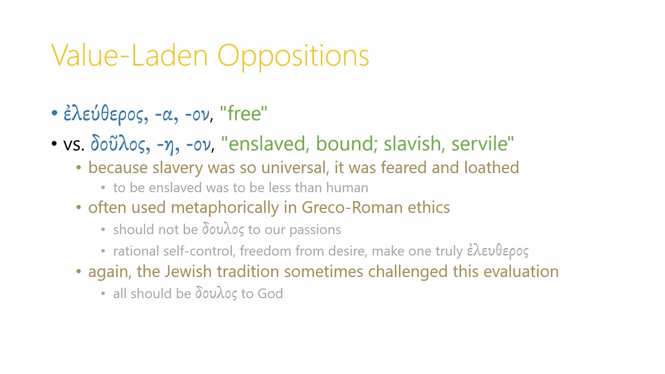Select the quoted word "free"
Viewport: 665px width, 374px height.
(244, 114)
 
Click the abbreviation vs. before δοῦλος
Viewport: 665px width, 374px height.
(74, 144)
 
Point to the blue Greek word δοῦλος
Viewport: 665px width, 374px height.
(118, 144)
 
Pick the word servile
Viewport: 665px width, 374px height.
(483, 144)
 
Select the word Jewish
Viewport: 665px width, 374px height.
(189, 272)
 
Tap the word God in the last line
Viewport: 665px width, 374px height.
(270, 294)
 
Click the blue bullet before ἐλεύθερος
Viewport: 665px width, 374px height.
(55, 113)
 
